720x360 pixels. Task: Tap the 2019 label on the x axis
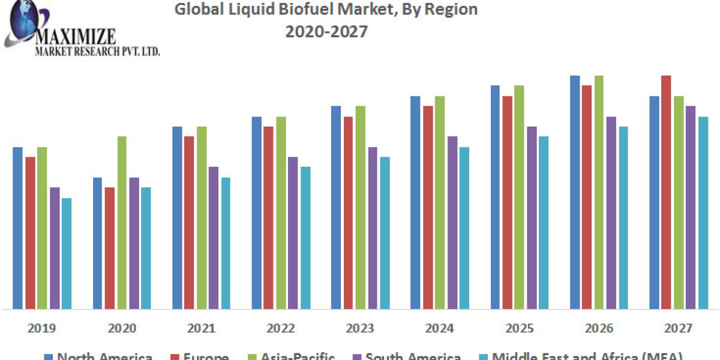(42, 328)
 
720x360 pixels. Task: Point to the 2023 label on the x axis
(360, 328)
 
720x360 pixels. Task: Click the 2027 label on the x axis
(678, 328)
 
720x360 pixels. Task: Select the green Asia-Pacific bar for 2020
(122, 222)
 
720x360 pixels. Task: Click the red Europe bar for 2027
(666, 192)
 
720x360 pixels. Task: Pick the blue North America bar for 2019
(17, 228)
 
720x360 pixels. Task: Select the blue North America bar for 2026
(575, 192)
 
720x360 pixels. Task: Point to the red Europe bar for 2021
(189, 222)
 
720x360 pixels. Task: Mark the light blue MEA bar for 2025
(544, 222)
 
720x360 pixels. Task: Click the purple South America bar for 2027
(691, 207)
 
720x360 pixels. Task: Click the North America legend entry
(98, 356)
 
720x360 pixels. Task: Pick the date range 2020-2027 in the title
(326, 31)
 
